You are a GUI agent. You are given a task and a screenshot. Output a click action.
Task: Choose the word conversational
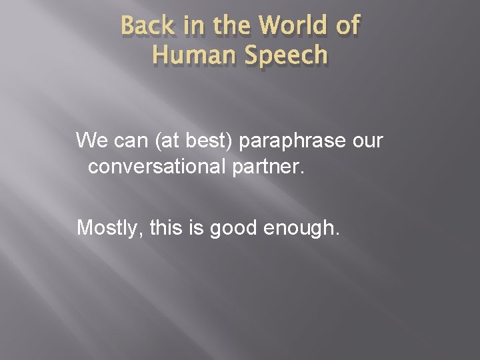(x=156, y=166)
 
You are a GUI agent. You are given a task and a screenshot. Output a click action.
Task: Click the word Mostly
(x=106, y=229)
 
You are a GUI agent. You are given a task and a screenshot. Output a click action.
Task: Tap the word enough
(x=307, y=229)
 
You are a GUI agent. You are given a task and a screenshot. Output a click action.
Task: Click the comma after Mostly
(x=137, y=234)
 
